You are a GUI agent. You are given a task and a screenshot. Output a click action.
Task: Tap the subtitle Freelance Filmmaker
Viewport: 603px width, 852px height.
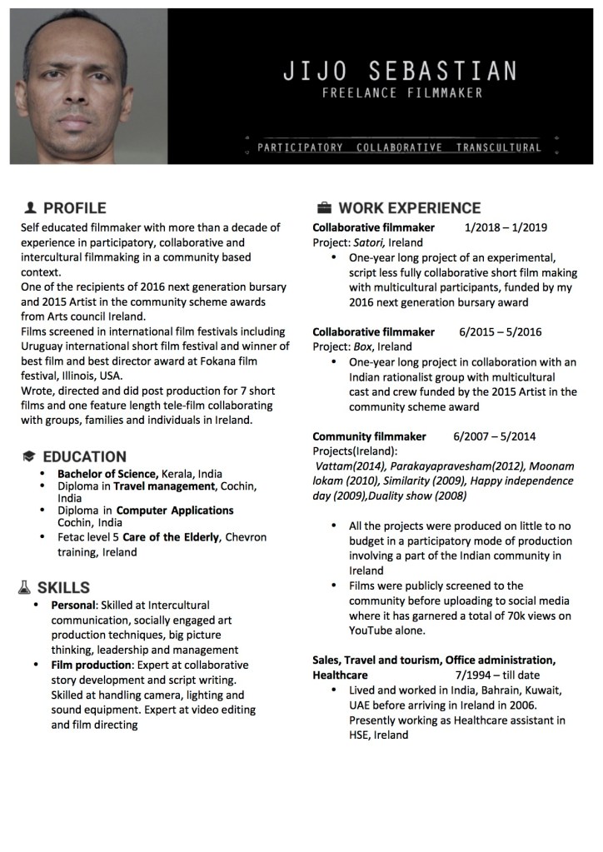coord(402,93)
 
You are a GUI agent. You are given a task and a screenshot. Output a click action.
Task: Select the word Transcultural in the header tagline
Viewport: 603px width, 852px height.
coord(498,147)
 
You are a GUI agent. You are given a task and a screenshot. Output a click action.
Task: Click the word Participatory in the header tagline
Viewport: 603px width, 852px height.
coord(300,147)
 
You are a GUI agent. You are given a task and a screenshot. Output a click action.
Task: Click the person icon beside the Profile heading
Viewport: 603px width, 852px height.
coord(31,207)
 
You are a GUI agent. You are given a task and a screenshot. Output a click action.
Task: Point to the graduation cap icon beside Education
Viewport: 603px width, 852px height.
coord(29,456)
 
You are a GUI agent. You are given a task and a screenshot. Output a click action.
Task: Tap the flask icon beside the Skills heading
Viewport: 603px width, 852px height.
coord(25,588)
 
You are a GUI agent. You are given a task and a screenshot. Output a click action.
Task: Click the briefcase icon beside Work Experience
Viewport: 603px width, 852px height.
coord(324,207)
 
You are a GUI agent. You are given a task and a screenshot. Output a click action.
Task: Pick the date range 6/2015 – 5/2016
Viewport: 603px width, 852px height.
coord(500,331)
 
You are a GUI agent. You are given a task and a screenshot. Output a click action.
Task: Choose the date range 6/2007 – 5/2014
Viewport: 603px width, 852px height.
coord(495,436)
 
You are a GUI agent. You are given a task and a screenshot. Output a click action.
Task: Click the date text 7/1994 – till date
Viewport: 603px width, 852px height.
coord(497,675)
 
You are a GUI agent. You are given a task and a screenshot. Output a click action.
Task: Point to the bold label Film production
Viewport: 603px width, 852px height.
coord(91,665)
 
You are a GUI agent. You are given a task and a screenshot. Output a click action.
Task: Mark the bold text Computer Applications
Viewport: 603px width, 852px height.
coord(175,510)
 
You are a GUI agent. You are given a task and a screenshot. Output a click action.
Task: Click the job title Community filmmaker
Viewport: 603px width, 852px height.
coord(369,436)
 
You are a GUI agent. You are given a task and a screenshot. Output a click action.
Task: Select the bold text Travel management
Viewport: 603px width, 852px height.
coord(164,486)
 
